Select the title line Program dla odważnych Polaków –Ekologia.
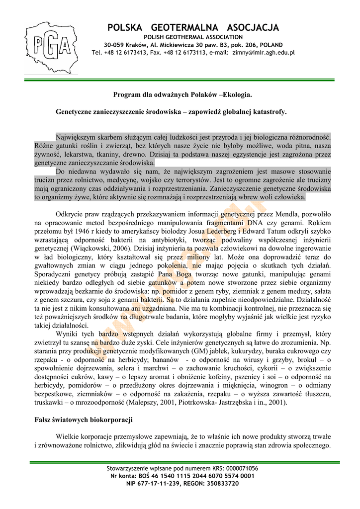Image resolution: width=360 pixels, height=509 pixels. [x=182, y=94]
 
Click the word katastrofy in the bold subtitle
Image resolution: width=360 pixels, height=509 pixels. [x=270, y=112]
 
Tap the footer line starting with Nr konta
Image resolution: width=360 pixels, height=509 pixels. [x=182, y=476]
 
